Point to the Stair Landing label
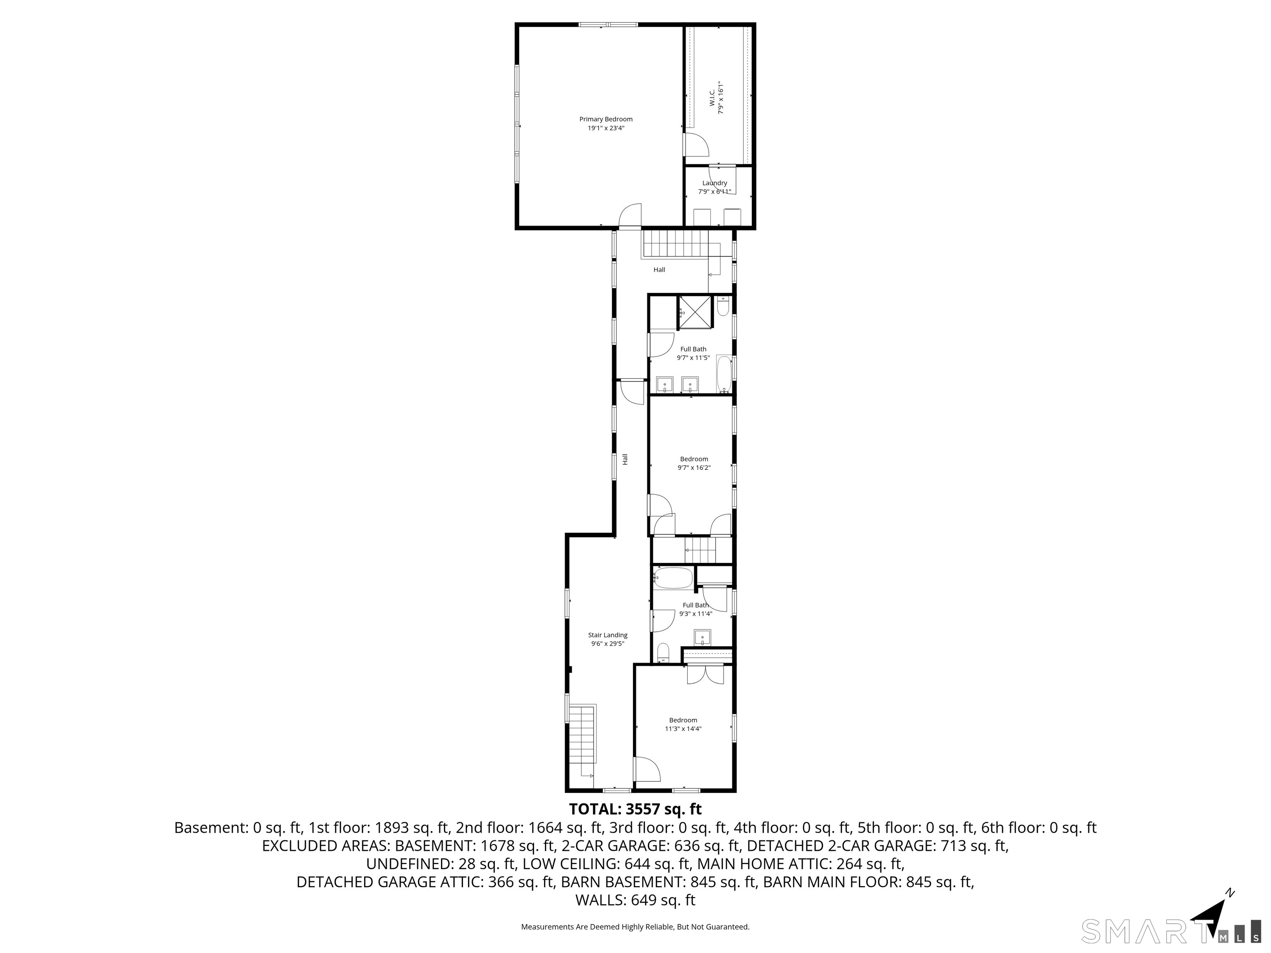[x=607, y=635]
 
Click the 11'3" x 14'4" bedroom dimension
[x=683, y=729]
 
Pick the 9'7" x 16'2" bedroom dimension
[x=694, y=467]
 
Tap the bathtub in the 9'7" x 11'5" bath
[x=724, y=374]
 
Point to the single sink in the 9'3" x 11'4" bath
[x=703, y=637]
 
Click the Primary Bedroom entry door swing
[x=630, y=216]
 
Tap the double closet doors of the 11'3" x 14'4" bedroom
[x=705, y=674]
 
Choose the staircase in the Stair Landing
[x=581, y=741]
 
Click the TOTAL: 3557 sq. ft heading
[x=635, y=809]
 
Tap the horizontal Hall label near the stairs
[x=659, y=269]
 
